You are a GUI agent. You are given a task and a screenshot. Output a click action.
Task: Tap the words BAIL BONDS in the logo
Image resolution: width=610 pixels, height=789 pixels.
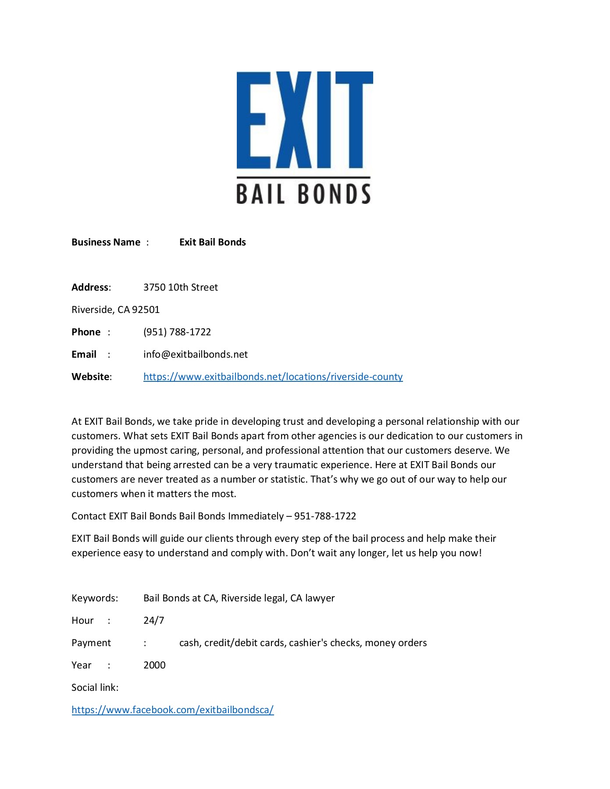(x=303, y=194)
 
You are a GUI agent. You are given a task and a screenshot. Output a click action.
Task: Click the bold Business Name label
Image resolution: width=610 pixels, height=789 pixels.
(x=106, y=242)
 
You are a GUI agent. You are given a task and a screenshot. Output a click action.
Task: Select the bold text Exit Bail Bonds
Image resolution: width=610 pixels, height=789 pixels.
(x=212, y=242)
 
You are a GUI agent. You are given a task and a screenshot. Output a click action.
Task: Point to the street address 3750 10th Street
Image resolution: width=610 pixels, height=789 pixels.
(x=180, y=288)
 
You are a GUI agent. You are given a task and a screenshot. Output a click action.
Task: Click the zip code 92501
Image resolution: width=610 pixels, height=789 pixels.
(x=146, y=310)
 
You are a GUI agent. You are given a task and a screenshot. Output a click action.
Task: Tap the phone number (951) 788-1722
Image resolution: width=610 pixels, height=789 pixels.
(x=177, y=332)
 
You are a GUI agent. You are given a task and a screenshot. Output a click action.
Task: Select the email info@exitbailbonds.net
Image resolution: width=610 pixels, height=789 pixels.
(x=195, y=355)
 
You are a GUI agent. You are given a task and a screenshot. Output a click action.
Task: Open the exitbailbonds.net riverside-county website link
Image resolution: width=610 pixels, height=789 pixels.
(x=273, y=377)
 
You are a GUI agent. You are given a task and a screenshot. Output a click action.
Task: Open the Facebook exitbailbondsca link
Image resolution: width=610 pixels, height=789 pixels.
(x=172, y=710)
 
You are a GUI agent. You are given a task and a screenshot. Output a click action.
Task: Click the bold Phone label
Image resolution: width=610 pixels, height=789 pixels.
(x=86, y=332)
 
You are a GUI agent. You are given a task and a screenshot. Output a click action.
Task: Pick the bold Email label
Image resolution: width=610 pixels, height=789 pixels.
(x=84, y=355)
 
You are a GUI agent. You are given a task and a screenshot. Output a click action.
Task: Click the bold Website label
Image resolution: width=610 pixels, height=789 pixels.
(x=91, y=377)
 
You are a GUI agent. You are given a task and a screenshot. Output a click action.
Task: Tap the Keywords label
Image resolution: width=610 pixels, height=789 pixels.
(x=94, y=598)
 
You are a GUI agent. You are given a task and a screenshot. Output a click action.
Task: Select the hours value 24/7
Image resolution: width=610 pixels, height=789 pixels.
(x=153, y=621)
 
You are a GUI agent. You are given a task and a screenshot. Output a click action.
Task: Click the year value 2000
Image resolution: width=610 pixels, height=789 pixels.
(x=154, y=665)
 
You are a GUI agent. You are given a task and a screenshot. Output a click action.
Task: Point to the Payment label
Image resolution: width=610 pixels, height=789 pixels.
(x=91, y=643)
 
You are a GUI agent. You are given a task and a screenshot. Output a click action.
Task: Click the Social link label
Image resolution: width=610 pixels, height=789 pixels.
(x=95, y=688)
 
